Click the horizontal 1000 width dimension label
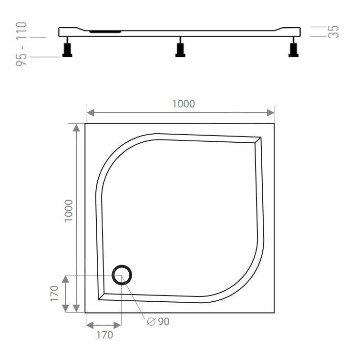click(x=184, y=104)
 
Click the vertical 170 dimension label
click(x=54, y=294)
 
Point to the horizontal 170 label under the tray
click(x=105, y=335)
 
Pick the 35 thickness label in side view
click(x=334, y=32)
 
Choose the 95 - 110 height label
click(x=22, y=43)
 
